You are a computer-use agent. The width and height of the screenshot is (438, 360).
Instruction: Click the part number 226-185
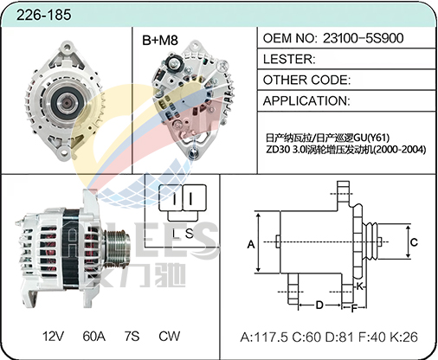click(43, 15)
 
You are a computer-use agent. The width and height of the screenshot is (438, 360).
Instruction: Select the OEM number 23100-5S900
click(363, 38)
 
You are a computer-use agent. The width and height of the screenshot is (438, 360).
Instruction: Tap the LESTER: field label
click(289, 59)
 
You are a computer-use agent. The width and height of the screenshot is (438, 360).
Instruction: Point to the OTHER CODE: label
click(306, 80)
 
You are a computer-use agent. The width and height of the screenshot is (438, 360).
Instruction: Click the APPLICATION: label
click(306, 100)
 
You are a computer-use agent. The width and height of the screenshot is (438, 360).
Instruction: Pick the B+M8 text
click(160, 41)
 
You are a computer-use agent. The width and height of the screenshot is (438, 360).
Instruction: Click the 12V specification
click(53, 336)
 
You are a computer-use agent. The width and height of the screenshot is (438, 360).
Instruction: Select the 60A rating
click(93, 336)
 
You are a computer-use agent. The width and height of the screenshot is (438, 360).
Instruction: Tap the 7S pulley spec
click(132, 336)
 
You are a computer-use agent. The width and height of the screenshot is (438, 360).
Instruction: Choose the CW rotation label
click(169, 336)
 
